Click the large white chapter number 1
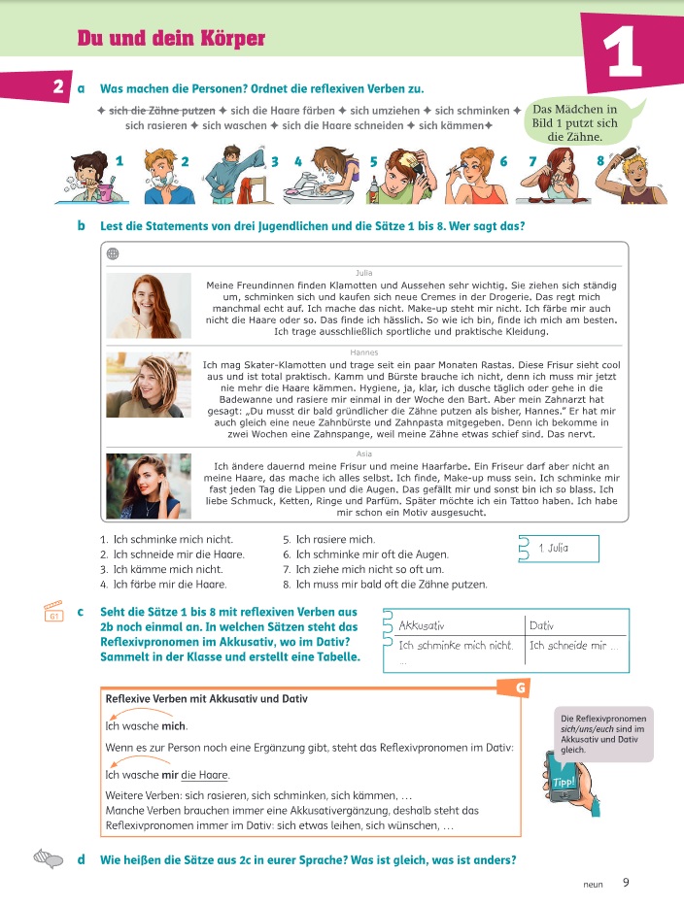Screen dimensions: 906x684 tap(623, 53)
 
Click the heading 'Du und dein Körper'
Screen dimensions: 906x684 tap(171, 39)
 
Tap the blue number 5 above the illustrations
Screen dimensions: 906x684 tap(374, 160)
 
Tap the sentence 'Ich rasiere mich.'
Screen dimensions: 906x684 tap(335, 539)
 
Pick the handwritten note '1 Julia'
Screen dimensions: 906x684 tap(553, 549)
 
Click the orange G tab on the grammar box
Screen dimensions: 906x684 tap(523, 688)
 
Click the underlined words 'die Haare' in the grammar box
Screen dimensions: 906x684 tap(211, 775)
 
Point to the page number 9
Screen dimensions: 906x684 tap(626, 882)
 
